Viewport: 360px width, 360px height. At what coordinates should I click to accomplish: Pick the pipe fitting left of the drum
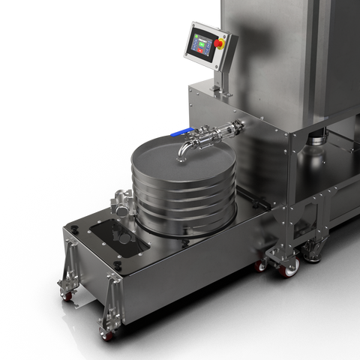pyautogui.click(x=121, y=201)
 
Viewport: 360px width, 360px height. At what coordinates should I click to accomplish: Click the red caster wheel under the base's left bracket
pyautogui.click(x=68, y=296)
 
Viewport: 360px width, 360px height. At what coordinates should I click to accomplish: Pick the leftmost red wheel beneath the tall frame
pyautogui.click(x=261, y=265)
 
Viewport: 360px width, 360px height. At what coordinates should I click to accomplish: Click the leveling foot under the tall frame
pyautogui.click(x=313, y=256)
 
